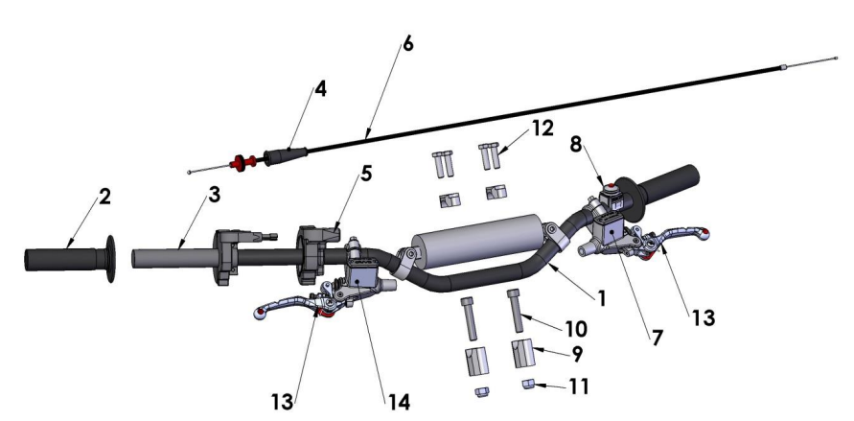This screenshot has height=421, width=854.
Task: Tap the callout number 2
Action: coord(104,198)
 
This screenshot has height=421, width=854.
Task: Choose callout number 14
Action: coord(398,403)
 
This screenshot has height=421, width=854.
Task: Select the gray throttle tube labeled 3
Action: coord(163,259)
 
